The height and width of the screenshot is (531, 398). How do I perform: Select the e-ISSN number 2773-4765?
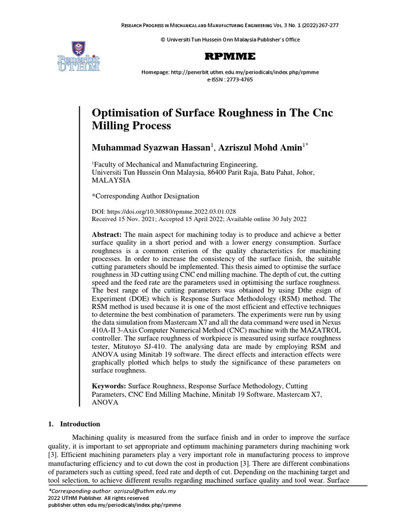(236, 79)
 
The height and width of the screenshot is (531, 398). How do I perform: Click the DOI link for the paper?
(172, 212)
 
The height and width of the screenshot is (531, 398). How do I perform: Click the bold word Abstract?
(107, 235)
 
